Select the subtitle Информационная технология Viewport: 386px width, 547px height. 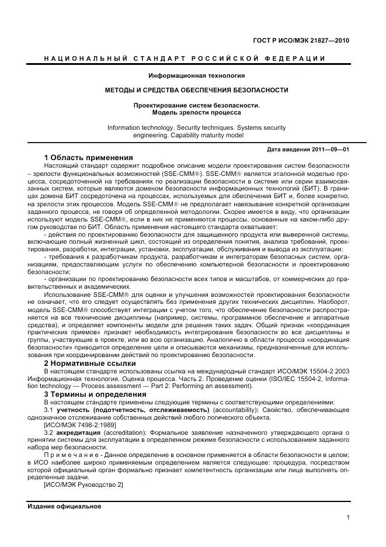pos(196,76)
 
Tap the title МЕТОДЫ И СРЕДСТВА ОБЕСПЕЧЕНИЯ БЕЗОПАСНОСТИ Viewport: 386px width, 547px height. pos(196,90)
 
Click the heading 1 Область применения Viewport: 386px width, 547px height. pos(89,158)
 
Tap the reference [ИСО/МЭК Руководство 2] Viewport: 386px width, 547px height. pos(84,485)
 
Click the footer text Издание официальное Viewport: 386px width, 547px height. pos(64,506)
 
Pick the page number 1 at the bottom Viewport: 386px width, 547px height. pos(347,517)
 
